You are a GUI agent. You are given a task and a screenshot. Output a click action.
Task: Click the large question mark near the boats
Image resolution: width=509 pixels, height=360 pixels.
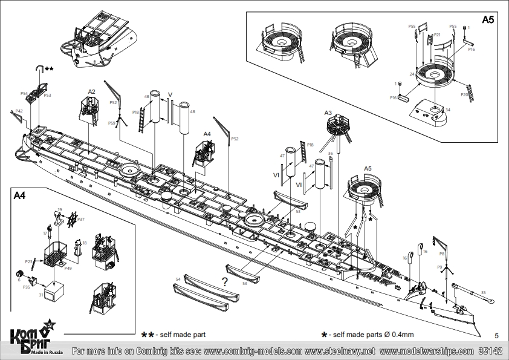(224, 281)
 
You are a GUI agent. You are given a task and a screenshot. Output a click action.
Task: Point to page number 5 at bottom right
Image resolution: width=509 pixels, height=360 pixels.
(496, 335)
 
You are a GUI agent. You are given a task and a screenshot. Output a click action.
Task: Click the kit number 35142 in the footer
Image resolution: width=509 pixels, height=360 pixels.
(490, 351)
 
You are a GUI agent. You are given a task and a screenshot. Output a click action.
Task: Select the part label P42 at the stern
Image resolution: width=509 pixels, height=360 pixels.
(19, 111)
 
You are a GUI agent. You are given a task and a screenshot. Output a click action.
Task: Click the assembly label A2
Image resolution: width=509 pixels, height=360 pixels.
(91, 92)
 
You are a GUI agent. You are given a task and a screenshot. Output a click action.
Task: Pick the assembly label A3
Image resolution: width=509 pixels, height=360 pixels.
(328, 113)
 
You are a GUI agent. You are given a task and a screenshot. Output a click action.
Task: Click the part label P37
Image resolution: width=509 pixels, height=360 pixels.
(81, 220)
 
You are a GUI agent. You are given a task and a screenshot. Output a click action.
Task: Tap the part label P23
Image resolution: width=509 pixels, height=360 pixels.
(28, 261)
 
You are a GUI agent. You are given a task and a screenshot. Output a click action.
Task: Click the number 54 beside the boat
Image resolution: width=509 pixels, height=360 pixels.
(178, 279)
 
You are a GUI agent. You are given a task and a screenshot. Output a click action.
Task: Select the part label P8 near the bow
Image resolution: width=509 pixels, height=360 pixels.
(442, 254)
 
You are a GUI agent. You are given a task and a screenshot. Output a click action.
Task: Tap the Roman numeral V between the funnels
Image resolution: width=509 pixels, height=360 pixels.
(170, 94)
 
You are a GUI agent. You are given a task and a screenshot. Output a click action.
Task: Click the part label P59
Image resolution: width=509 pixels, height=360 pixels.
(112, 123)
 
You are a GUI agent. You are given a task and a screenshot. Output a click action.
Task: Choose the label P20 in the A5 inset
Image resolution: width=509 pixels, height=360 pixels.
(464, 94)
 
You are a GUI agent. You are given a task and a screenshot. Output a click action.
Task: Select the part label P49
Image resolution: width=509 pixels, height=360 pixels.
(68, 268)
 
